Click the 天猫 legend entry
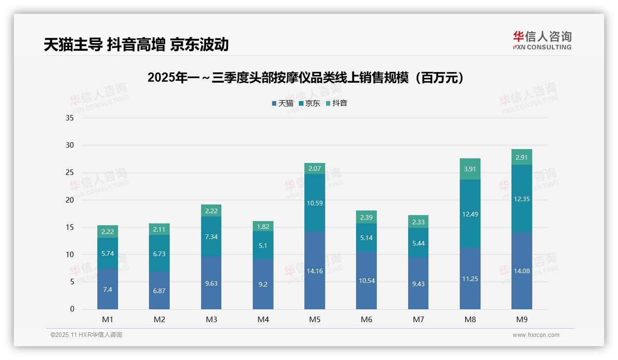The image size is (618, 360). click(x=283, y=103)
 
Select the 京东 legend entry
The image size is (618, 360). click(x=309, y=103)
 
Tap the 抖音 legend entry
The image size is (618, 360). click(x=337, y=103)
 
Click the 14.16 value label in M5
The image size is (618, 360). click(x=315, y=271)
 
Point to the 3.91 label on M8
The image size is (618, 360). click(x=470, y=169)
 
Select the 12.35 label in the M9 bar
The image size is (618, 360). click(x=522, y=199)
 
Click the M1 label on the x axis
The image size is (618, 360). click(x=107, y=319)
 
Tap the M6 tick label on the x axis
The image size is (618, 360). click(x=366, y=319)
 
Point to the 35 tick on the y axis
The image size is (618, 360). click(x=70, y=118)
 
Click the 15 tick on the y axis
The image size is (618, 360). click(x=70, y=227)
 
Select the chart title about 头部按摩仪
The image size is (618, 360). click(x=306, y=78)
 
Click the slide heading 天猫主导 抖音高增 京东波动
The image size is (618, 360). click(x=136, y=45)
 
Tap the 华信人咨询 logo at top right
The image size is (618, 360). click(x=542, y=40)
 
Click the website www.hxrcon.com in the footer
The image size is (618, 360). click(x=536, y=335)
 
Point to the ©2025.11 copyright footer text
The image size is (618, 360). click(x=86, y=335)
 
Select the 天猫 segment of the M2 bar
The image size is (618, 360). click(x=159, y=290)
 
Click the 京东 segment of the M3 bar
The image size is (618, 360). click(x=211, y=237)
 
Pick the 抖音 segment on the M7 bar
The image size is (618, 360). click(x=418, y=222)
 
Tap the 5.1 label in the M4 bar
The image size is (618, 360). click(x=263, y=246)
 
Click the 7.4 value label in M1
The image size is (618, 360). click(x=107, y=289)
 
